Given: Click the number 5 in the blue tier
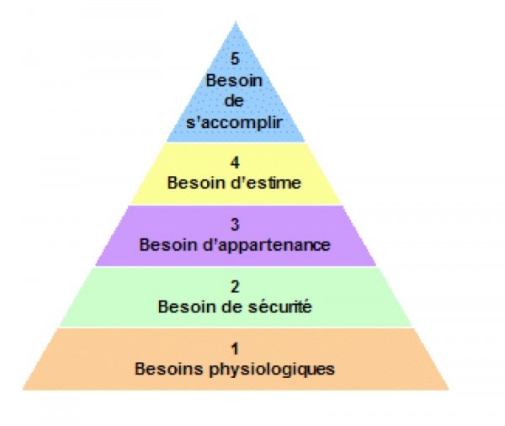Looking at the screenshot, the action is click(x=235, y=59).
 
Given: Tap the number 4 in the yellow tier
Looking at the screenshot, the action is click(x=235, y=162).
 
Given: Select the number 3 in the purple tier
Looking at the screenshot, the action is click(x=235, y=224).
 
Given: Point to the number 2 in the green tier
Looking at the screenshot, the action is click(x=235, y=286).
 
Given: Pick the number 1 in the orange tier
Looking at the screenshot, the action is click(x=235, y=349).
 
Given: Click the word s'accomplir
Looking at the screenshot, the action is click(x=235, y=123).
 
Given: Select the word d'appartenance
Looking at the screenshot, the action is click(x=266, y=245).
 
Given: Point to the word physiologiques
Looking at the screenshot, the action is click(x=272, y=370).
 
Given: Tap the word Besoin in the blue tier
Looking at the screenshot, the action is click(x=234, y=80).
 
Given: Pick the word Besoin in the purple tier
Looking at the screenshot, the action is click(x=169, y=245).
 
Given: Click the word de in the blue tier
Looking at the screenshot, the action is click(x=234, y=101).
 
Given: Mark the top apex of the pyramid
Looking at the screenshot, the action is click(x=236, y=22).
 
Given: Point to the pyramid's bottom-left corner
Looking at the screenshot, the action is click(x=23, y=390).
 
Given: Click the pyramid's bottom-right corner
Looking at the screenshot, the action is click(x=449, y=390).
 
